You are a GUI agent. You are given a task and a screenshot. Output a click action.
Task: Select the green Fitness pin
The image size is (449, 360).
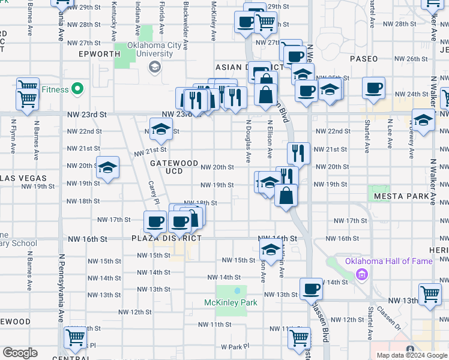[x=77, y=89]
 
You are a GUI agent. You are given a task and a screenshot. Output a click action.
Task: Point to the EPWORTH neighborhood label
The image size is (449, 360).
[x=100, y=54]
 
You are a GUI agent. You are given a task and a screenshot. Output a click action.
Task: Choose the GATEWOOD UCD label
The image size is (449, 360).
[x=173, y=167]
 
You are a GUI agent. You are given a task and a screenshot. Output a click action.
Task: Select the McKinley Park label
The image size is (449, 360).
[x=231, y=302]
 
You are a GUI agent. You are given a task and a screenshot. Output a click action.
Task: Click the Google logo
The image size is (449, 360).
[x=20, y=353]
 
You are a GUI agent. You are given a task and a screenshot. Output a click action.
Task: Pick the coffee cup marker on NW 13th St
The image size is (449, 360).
[x=311, y=289]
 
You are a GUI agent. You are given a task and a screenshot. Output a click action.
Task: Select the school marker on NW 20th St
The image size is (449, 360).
[x=108, y=167]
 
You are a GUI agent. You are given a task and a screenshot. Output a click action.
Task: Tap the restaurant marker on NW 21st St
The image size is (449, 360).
[x=298, y=152]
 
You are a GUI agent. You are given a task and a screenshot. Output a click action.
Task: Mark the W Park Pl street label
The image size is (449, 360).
[x=234, y=347]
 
